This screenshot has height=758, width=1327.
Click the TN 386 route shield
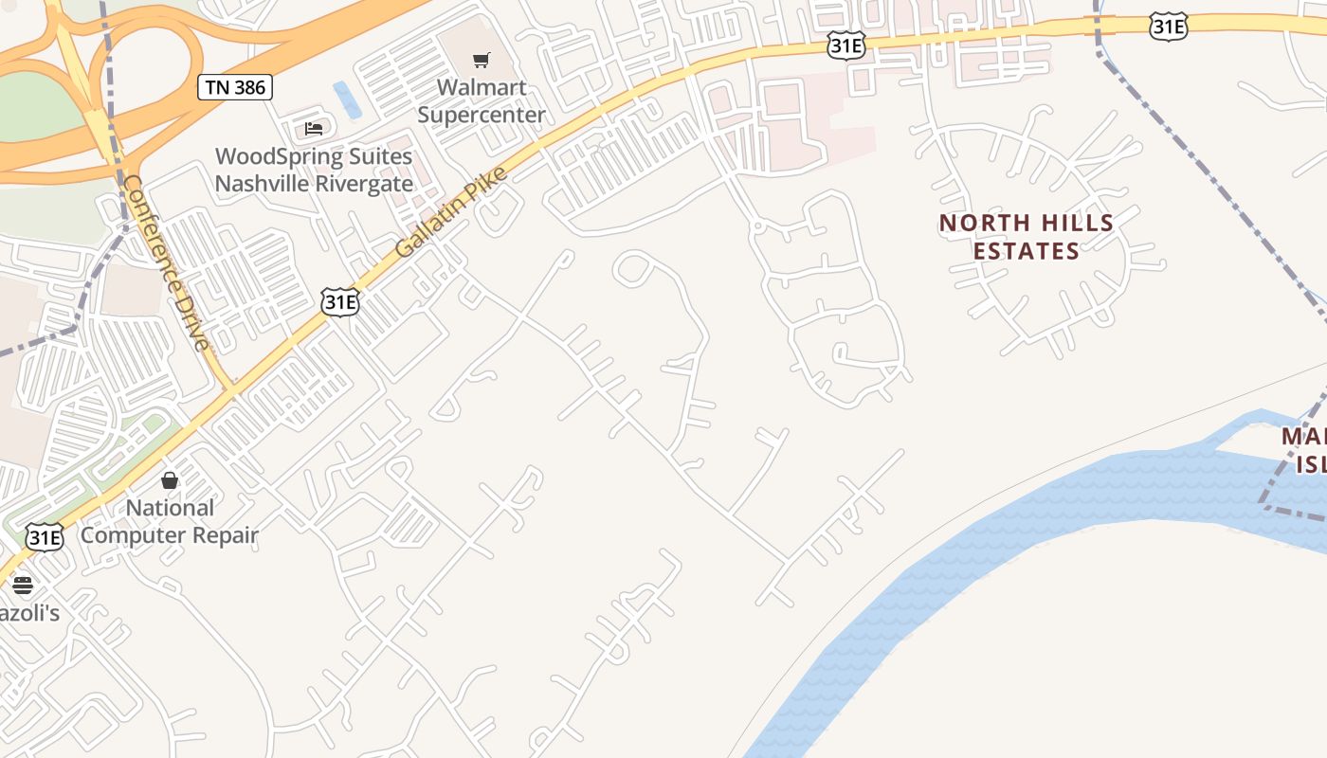point(235,88)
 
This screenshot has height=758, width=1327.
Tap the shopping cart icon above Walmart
point(482,61)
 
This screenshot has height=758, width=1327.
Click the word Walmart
point(482,87)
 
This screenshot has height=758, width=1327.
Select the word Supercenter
point(482,115)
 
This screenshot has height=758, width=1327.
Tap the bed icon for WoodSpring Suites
point(314,129)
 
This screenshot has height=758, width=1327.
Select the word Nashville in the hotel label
point(259,183)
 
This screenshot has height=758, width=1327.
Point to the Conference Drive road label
point(167,262)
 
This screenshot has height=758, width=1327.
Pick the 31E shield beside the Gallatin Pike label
point(339,301)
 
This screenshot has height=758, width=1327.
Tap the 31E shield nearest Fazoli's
point(45,537)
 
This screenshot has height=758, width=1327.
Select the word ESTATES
point(1027,251)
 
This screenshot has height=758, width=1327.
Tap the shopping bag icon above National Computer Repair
point(170,480)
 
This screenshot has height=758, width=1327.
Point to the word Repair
point(226,535)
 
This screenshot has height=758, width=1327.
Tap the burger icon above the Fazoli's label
point(23,585)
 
